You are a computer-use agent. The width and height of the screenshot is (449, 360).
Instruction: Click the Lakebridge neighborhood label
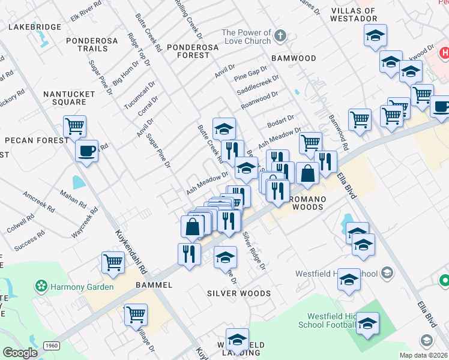tap(34, 27)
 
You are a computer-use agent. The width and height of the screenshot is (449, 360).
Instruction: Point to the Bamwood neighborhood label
tap(294, 58)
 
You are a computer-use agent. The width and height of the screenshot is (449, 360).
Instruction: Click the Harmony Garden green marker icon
tap(41, 287)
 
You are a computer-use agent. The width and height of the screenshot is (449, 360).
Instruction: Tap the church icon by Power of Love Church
tap(280, 37)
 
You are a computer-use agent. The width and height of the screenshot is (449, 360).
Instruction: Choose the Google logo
tap(20, 352)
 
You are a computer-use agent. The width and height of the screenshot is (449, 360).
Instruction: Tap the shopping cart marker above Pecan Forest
tap(75, 126)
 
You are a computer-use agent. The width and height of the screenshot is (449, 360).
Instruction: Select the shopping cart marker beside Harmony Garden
tap(113, 262)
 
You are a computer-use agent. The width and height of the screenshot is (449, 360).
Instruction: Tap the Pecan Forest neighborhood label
tap(37, 140)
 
